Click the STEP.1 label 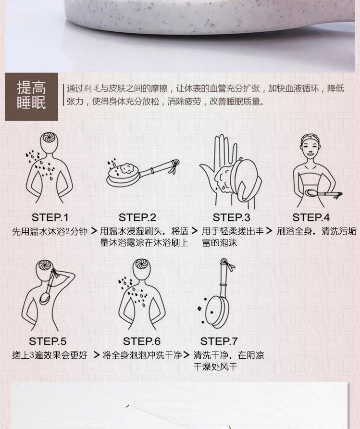tap(50, 217)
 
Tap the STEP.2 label tap(137, 217)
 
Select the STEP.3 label tap(231, 217)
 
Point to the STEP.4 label tap(311, 217)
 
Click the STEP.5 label tap(48, 341)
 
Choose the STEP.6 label tap(142, 341)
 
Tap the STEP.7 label tap(219, 341)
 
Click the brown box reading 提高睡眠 tap(31, 97)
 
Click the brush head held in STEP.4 tap(313, 192)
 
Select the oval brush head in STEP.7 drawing tap(217, 312)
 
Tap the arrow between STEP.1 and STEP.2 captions tap(94, 231)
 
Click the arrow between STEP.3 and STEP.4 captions tap(269, 231)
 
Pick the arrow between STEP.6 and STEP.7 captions tap(186, 355)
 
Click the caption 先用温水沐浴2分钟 tap(50, 231)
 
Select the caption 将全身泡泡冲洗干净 tap(142, 355)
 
